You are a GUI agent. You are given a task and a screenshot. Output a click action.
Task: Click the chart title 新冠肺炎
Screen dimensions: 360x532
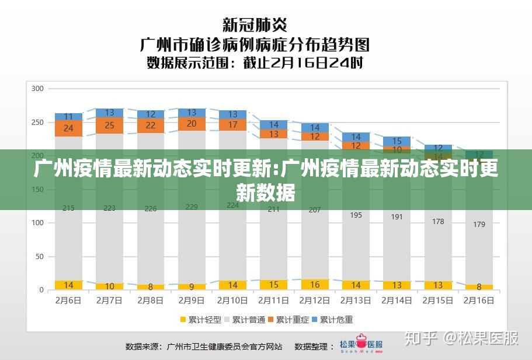255,25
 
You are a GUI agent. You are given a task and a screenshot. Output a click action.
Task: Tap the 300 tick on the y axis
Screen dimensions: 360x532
37,89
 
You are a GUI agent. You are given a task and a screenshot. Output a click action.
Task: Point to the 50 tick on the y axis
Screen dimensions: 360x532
40,257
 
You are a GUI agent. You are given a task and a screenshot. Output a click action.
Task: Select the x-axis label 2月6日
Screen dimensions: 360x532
68,300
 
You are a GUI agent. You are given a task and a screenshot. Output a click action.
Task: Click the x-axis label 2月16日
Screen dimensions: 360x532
479,300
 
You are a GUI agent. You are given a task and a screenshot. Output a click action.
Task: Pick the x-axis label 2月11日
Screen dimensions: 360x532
274,300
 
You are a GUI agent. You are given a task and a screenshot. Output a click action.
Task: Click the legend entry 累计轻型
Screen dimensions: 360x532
200,320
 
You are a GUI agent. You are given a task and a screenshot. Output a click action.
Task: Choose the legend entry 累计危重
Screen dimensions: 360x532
332,320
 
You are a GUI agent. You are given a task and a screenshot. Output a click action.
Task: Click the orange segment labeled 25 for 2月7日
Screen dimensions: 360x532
110,125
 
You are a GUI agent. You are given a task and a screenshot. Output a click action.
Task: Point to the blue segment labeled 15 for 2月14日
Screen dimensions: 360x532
397,141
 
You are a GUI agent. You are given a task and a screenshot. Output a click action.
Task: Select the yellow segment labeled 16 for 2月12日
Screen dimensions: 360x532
315,285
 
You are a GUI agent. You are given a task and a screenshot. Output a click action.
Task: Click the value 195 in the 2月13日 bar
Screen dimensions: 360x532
356,215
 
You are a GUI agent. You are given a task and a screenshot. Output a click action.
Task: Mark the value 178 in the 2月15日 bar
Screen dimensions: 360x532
438,222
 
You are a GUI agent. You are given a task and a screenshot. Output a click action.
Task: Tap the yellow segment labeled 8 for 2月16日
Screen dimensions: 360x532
479,287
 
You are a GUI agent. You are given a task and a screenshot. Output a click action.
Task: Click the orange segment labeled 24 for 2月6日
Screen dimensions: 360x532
68,128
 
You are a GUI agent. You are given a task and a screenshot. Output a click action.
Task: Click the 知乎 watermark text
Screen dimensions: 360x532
421,338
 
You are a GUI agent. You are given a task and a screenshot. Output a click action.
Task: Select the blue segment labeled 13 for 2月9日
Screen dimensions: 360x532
192,113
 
